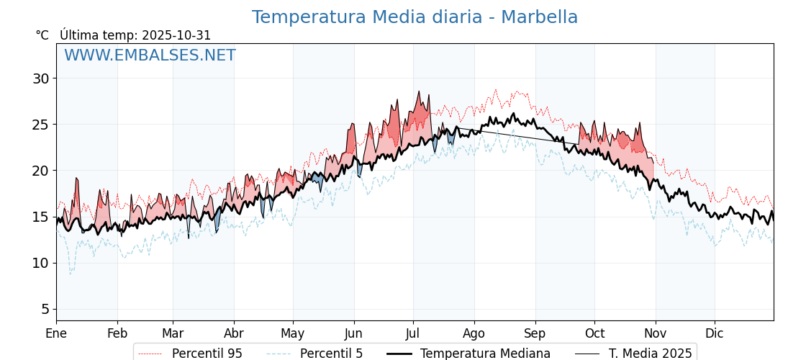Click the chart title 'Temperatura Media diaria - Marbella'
point(415,17)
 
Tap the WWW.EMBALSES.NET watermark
point(150,55)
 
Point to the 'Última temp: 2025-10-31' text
point(135,35)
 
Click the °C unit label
point(42,35)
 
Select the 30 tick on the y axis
point(40,78)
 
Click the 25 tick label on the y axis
point(40,125)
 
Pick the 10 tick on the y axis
point(40,263)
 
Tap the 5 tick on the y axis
point(45,309)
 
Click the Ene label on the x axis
point(56,333)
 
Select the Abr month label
point(234,333)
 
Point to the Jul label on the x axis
point(413,333)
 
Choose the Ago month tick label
point(474,333)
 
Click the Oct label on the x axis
point(594,333)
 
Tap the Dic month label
point(715,333)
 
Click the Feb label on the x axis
point(117,333)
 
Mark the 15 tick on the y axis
point(40,217)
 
